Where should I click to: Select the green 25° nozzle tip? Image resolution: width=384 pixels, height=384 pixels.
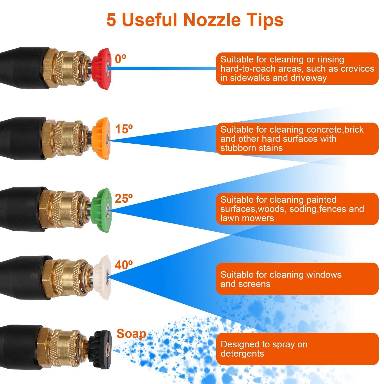(x=101, y=210)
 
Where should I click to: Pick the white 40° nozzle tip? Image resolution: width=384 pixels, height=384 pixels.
(x=102, y=278)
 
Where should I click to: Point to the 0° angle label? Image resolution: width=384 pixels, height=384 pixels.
(x=120, y=59)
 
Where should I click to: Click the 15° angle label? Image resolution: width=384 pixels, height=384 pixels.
(x=124, y=129)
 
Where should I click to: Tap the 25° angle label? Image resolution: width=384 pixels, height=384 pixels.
(x=124, y=198)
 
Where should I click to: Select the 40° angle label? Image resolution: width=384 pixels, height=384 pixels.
(x=124, y=265)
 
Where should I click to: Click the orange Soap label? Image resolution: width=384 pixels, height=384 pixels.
(x=131, y=334)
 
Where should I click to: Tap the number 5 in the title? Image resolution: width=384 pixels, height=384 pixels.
(x=111, y=20)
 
